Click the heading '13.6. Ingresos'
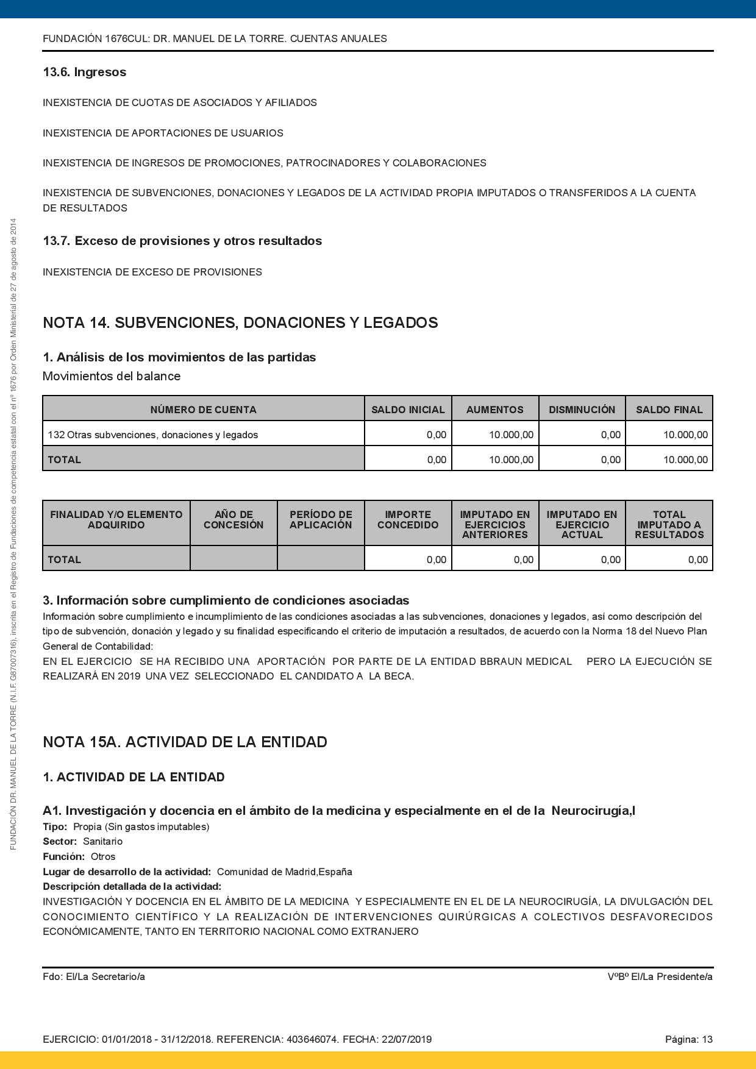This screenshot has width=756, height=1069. click(x=84, y=72)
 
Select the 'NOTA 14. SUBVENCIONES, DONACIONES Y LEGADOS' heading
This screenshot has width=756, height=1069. click(x=240, y=322)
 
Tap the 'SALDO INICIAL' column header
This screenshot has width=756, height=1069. click(x=408, y=410)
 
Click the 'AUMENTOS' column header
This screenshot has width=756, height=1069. click(x=494, y=410)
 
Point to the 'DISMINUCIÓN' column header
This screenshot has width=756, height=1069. click(x=582, y=410)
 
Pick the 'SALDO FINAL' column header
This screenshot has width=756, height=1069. click(x=669, y=410)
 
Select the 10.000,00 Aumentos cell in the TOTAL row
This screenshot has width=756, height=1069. click(x=511, y=460)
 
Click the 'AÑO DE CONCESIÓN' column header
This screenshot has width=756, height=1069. click(x=234, y=520)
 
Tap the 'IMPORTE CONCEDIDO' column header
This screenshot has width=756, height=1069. click(x=408, y=520)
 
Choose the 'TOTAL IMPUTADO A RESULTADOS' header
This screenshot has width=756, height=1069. click(x=669, y=525)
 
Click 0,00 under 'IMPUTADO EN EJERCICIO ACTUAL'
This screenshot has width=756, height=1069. click(x=610, y=559)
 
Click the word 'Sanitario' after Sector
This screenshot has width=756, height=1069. click(x=102, y=842)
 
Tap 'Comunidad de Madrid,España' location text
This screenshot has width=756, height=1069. click(x=284, y=872)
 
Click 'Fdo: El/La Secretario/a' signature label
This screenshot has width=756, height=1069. click(x=94, y=977)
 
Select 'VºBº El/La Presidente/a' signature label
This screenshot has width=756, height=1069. click(x=660, y=977)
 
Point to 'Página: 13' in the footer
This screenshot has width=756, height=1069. click(x=688, y=1040)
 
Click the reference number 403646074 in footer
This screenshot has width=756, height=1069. click(x=312, y=1040)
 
